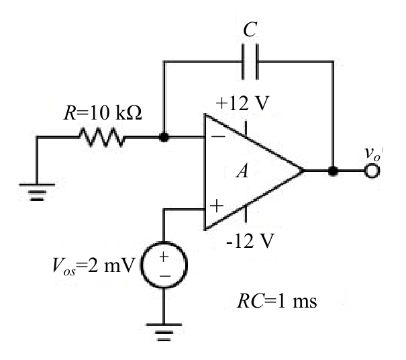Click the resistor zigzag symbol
click(102, 136)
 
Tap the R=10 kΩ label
click(103, 113)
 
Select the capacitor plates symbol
click(250, 62)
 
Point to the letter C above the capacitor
click(250, 30)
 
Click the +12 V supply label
click(242, 103)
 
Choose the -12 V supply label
click(250, 241)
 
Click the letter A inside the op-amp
click(242, 171)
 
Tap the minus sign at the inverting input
click(218, 136)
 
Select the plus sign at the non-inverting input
click(217, 206)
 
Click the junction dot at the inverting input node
click(164, 137)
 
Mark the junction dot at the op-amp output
click(333, 171)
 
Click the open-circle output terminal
click(372, 171)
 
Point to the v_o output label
click(372, 154)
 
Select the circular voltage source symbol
click(164, 265)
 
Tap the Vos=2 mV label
click(93, 266)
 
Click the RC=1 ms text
click(276, 302)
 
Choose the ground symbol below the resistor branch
click(37, 192)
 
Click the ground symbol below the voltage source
click(164, 332)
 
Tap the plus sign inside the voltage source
click(164, 257)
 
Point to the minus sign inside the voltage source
click(165, 276)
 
